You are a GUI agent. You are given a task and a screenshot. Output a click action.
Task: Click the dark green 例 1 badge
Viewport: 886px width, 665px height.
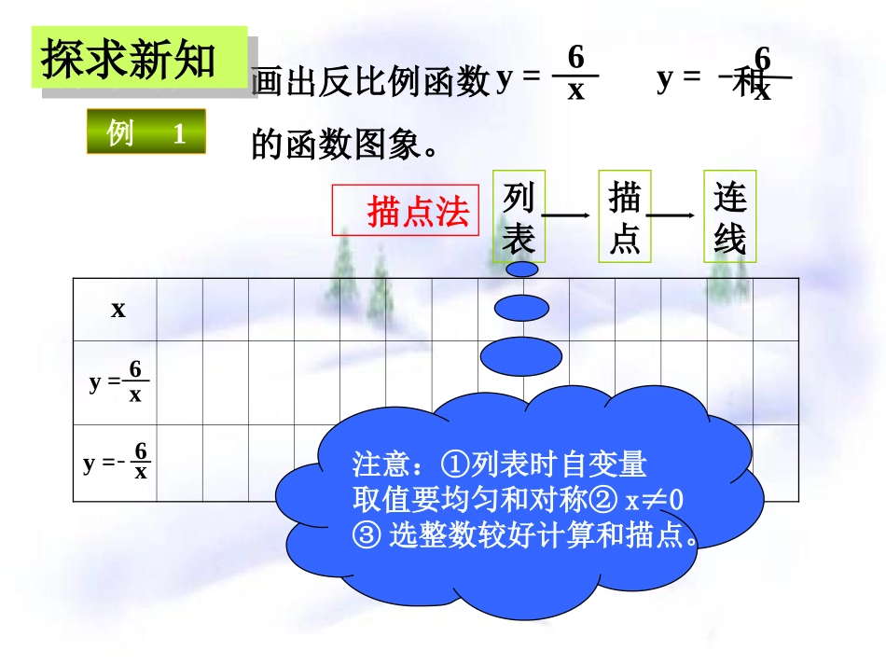pos(145,132)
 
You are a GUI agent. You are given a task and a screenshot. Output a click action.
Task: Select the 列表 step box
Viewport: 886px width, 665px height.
pos(519,216)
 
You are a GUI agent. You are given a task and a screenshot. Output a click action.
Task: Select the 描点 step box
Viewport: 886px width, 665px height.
pos(624,216)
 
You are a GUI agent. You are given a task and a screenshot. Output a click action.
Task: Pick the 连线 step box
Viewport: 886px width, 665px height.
pos(729,216)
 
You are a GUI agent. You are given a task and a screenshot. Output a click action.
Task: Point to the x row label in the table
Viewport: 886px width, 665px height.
pos(118,309)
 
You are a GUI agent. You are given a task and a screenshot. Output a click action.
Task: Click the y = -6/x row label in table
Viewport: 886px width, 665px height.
pos(117,462)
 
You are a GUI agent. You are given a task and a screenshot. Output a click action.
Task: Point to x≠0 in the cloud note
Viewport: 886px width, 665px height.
pos(654,501)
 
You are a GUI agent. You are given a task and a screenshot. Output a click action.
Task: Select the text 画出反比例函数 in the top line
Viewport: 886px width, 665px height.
pos(370,83)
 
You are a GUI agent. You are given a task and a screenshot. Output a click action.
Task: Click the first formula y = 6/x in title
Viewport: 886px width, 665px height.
pos(547,75)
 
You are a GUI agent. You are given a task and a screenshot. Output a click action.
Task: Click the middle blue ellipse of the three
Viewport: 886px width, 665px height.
pos(521,308)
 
